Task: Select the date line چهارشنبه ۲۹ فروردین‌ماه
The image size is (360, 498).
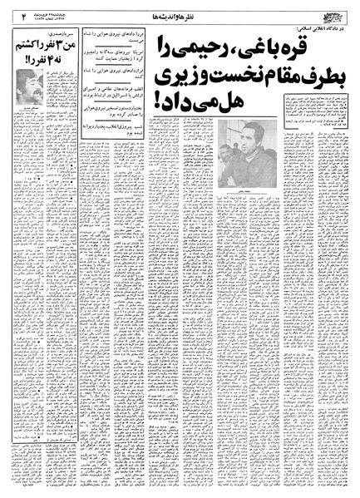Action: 51,10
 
